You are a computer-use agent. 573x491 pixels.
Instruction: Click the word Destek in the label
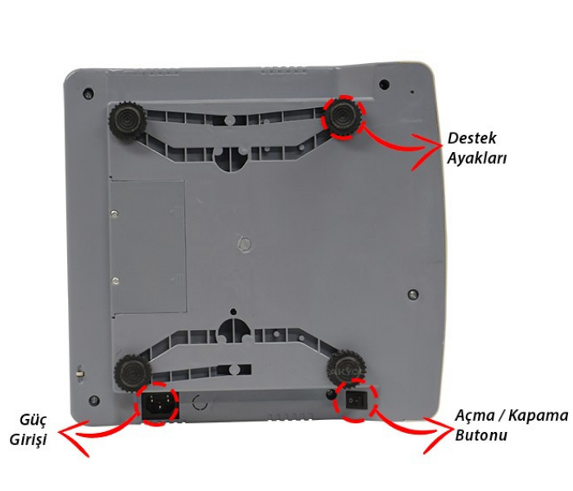(x=471, y=138)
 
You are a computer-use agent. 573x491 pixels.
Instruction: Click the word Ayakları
(x=477, y=159)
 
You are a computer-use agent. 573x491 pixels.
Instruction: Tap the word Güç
(x=34, y=420)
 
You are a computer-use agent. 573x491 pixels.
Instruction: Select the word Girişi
(x=28, y=439)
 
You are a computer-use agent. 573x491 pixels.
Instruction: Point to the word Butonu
(x=481, y=435)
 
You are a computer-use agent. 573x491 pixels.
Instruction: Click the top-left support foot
(x=127, y=121)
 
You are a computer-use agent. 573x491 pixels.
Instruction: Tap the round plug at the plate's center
(x=245, y=244)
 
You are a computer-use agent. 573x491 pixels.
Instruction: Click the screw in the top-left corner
(x=88, y=92)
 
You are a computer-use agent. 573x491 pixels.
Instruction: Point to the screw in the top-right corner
(x=384, y=85)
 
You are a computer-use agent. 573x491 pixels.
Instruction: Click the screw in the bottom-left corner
(x=94, y=399)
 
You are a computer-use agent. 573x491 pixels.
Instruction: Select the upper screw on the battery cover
(x=115, y=213)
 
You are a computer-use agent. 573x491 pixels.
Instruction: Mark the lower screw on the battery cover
(x=115, y=281)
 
